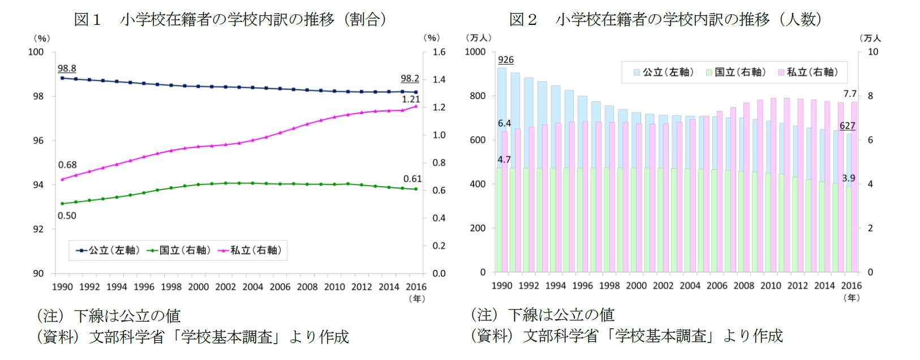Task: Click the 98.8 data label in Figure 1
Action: click(67, 68)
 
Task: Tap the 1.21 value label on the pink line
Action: click(411, 99)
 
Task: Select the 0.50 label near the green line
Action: click(67, 216)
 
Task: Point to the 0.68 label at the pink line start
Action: click(67, 165)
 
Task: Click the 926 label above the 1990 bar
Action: click(506, 60)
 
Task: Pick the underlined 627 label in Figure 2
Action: click(847, 126)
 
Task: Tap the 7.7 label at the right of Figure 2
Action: click(850, 94)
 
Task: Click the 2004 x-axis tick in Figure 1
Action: click(252, 287)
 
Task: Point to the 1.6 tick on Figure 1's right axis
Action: click(439, 52)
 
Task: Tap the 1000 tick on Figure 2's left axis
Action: click(475, 52)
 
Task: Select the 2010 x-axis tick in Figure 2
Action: click(771, 286)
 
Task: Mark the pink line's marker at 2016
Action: click(416, 106)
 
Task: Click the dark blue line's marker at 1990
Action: click(62, 78)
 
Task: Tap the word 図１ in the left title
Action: click(88, 20)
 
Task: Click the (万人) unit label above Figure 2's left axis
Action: click(478, 38)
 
